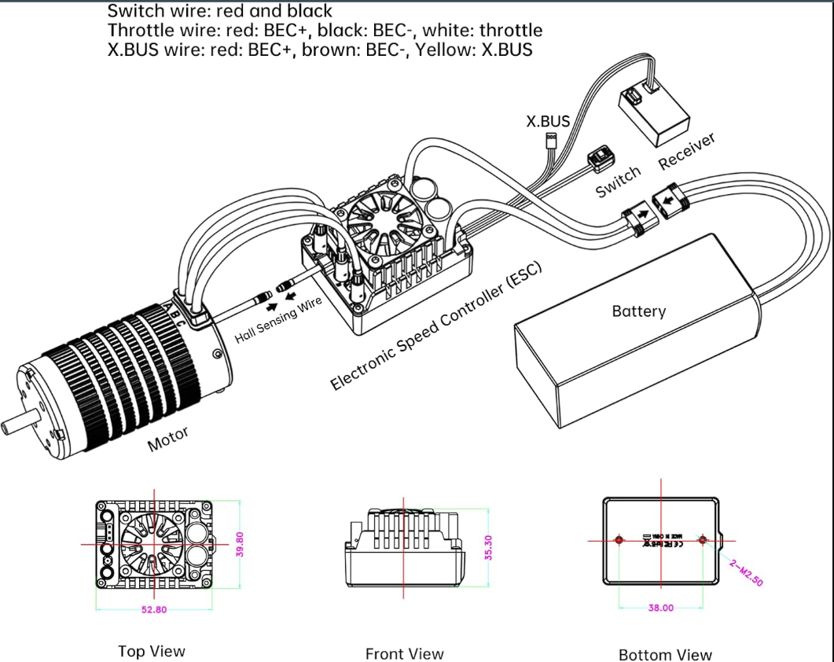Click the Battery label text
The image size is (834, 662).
pos(638,311)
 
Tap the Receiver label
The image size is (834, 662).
pos(687,151)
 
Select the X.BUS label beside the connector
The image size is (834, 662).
pos(548,122)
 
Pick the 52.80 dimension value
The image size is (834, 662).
pos(154,609)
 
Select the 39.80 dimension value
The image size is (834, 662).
pos(241,544)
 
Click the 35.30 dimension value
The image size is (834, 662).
pos(488,548)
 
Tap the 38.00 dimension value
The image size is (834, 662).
pos(660,608)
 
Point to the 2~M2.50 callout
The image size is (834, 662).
pos(746,573)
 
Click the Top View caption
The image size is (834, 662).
pos(152,651)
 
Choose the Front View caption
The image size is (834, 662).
pos(404,653)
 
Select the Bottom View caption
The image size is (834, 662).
pos(665,655)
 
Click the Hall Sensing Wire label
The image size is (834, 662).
pos(278,321)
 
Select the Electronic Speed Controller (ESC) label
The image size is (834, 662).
pos(436,327)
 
